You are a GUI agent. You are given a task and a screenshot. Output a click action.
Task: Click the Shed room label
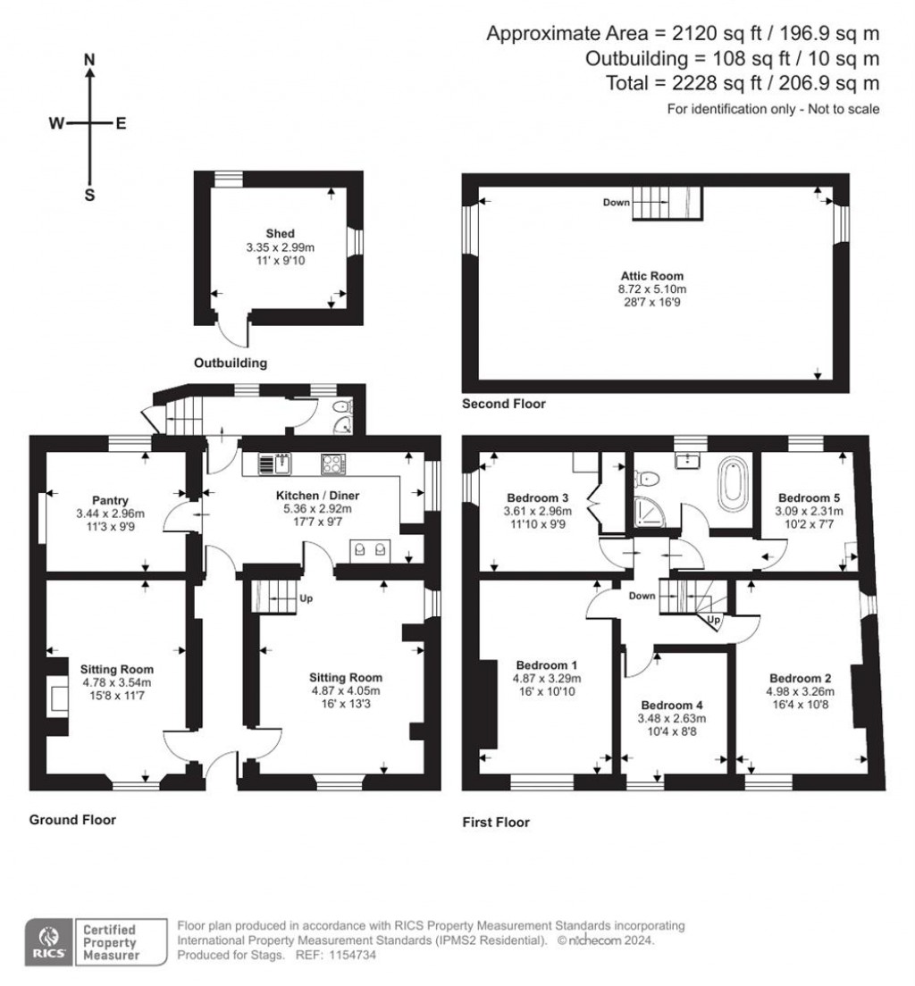pyautogui.click(x=281, y=234)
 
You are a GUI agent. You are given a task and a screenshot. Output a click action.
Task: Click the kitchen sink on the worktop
pyautogui.click(x=279, y=463)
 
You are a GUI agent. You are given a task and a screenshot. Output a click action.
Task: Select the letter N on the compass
pyautogui.click(x=89, y=60)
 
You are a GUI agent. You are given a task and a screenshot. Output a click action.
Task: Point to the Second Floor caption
pyautogui.click(x=503, y=404)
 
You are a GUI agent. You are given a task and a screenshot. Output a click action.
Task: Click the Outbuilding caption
pyautogui.click(x=231, y=363)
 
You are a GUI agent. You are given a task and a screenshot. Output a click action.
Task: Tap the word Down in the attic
pyautogui.click(x=616, y=203)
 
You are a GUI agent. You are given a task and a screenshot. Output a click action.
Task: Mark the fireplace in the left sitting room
pyautogui.click(x=59, y=697)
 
